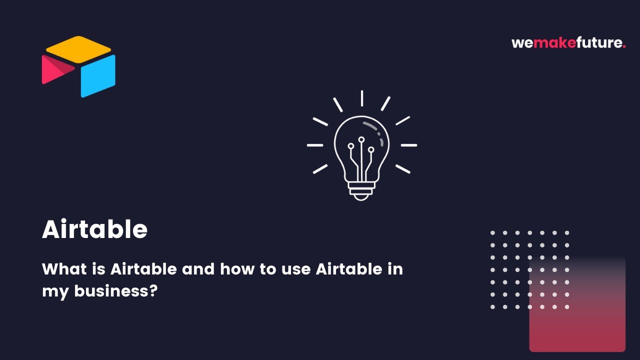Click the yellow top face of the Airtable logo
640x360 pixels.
pos(78,49)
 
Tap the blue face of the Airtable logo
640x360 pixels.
pos(98,76)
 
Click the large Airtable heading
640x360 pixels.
pos(95,229)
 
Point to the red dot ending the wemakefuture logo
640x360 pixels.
pos(624,46)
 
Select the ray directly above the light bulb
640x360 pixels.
pos(361,98)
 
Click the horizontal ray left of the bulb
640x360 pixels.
pos(315,145)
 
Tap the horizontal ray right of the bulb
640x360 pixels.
pos(408,145)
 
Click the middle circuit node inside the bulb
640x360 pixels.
pos(361,139)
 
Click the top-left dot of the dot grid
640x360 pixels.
pos(492,233)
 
